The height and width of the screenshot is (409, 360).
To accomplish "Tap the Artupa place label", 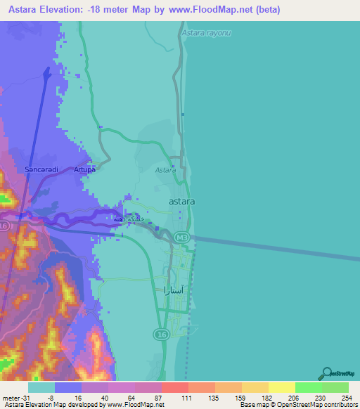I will click(x=84, y=169).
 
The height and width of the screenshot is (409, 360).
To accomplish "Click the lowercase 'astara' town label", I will click(x=182, y=201).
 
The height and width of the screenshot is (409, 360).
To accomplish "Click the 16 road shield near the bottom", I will click(x=161, y=333).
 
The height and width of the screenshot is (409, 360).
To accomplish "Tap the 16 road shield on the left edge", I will click(x=4, y=226).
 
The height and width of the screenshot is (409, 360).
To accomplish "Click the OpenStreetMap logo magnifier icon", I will click(x=327, y=374).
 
